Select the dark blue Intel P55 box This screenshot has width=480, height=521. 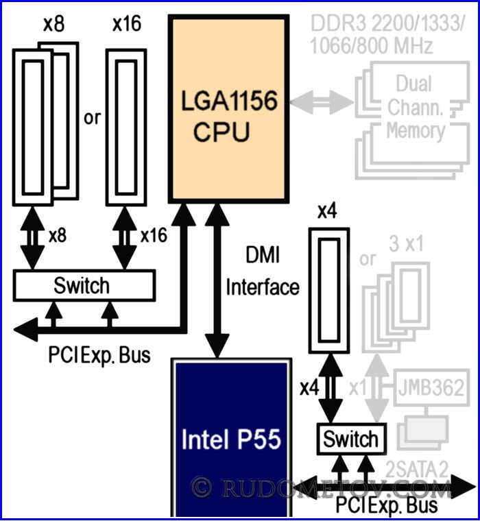point(230,439)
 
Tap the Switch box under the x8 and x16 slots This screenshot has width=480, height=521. point(82,284)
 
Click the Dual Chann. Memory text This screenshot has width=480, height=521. point(416,107)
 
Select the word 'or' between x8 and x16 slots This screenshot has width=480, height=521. point(92,117)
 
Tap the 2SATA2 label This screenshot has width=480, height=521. point(417,469)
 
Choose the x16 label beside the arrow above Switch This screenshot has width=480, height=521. point(154,235)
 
